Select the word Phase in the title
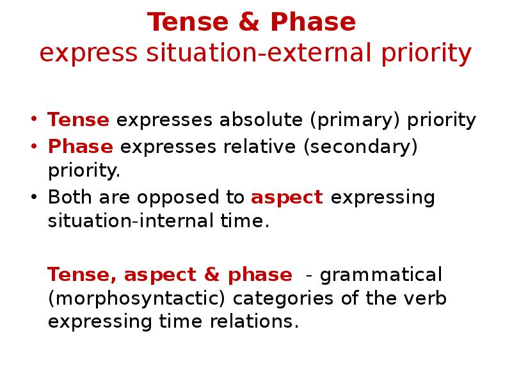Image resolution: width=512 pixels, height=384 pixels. click(312, 22)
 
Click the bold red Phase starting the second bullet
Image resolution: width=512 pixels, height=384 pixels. click(81, 147)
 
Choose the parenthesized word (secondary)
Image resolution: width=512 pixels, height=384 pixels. click(361, 147)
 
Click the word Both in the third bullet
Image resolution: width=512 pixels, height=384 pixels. click(68, 198)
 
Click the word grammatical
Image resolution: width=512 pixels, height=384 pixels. click(381, 275)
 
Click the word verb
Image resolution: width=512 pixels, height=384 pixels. click(425, 299)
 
